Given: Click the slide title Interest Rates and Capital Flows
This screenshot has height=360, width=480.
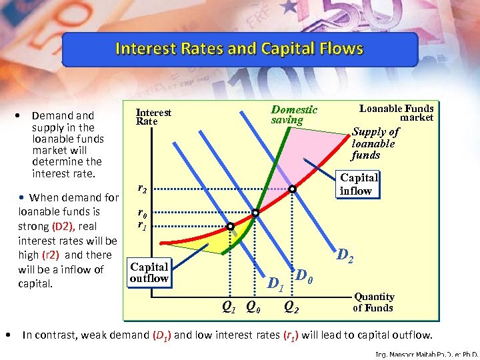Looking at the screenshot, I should click(239, 49).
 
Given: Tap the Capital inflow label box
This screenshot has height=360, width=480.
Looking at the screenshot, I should click(359, 184).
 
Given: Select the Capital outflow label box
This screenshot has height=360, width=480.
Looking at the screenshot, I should click(149, 272).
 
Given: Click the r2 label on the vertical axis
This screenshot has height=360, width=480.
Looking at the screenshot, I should click(142, 189).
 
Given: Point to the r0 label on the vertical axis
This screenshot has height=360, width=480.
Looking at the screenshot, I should click(142, 213).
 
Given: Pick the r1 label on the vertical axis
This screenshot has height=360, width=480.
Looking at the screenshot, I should click(142, 225).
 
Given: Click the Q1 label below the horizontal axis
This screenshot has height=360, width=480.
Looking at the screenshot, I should click(228, 307).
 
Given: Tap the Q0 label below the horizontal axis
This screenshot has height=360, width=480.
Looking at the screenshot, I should click(253, 307).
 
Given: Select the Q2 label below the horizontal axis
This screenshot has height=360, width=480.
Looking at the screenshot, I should click(291, 307).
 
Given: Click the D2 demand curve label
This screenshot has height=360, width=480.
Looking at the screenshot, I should click(345, 255).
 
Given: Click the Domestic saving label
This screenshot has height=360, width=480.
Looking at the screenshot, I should click(294, 115).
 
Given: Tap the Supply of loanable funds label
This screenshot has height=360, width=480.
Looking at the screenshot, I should click(375, 143).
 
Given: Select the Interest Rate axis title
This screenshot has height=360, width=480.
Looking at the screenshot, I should click(153, 117).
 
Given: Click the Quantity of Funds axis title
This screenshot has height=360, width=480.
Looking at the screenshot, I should click(373, 302).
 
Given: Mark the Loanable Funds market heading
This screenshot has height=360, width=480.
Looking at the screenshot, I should click(397, 113).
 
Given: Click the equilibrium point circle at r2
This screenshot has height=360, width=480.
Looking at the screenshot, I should click(292, 189).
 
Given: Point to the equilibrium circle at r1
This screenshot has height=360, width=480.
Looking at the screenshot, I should click(230, 227).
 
